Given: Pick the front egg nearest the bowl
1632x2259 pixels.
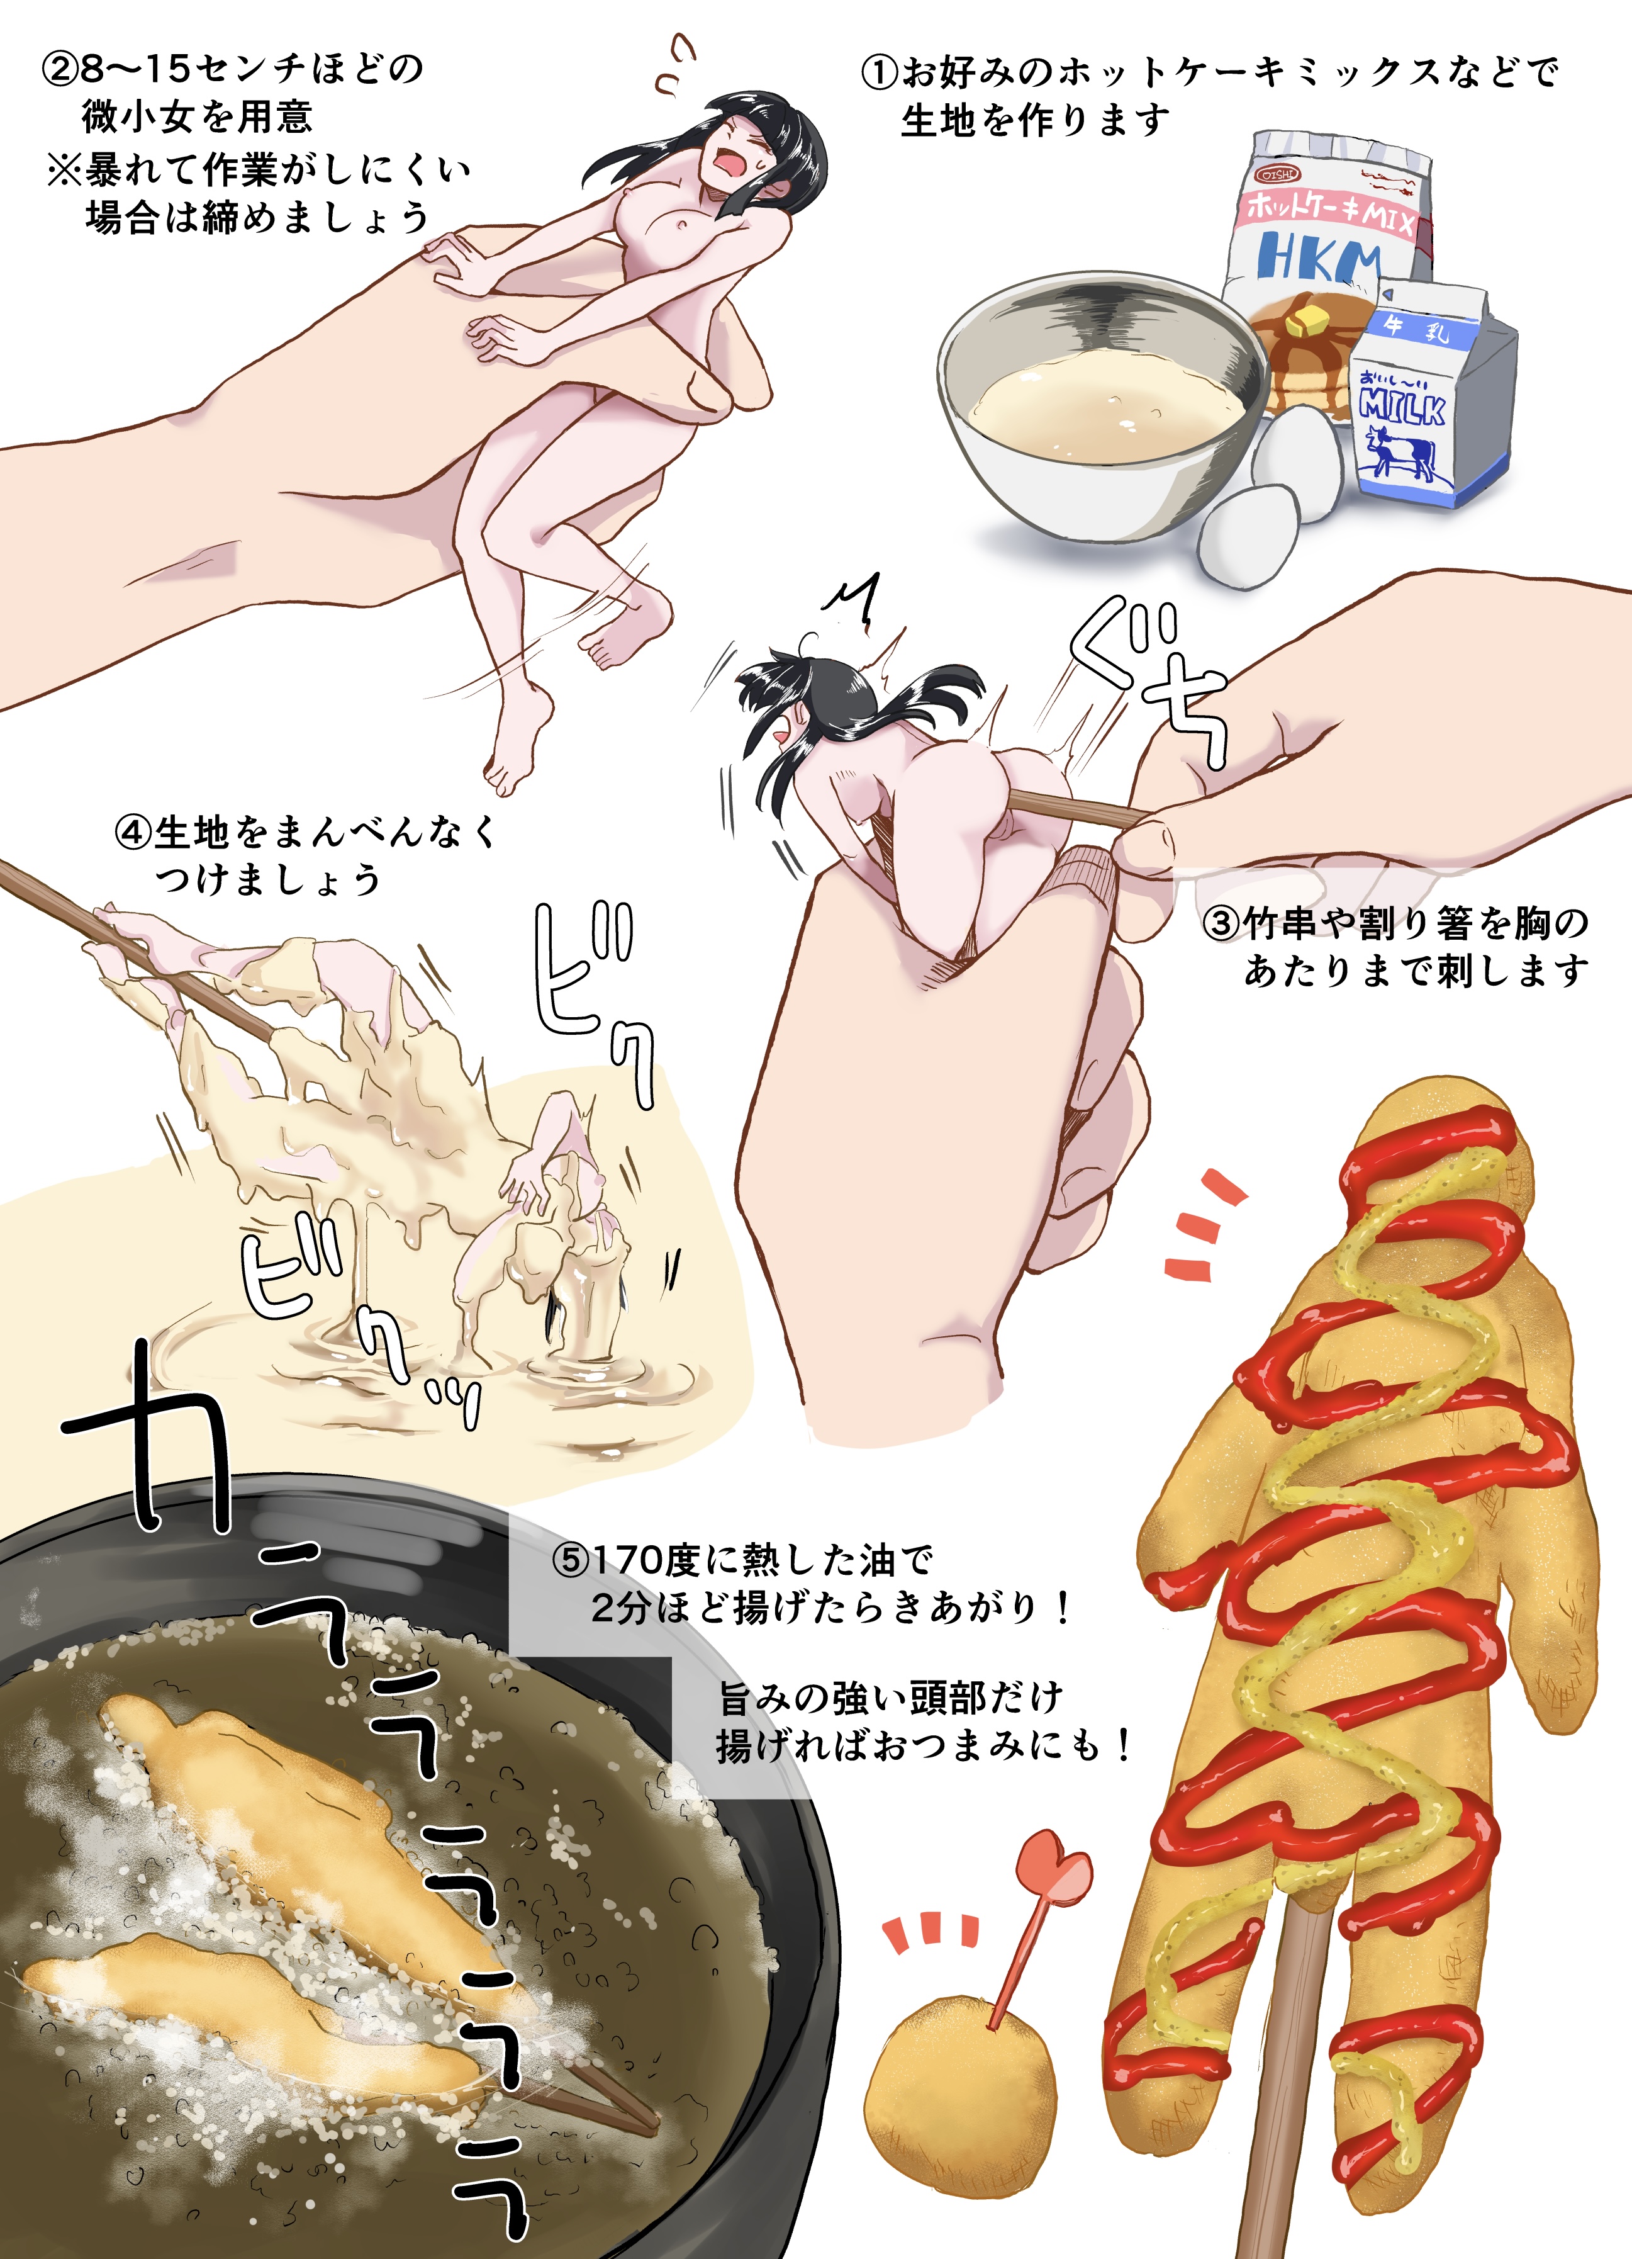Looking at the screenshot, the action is [x=1249, y=539].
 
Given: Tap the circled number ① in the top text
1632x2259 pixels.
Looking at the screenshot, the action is [x=879, y=73].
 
